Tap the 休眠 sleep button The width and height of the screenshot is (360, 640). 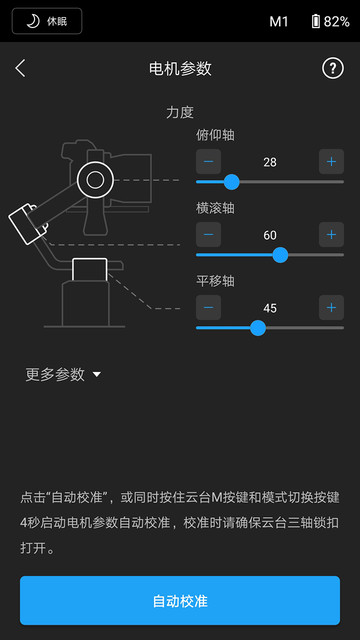pyautogui.click(x=47, y=21)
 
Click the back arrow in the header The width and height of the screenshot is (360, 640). pyautogui.click(x=21, y=68)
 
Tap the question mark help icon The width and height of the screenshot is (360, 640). pyautogui.click(x=332, y=68)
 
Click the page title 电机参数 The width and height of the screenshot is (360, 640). pyautogui.click(x=180, y=68)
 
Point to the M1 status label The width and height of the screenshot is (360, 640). pyautogui.click(x=278, y=21)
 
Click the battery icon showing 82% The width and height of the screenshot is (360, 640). pyautogui.click(x=316, y=21)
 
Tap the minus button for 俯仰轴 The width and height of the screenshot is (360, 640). pyautogui.click(x=208, y=161)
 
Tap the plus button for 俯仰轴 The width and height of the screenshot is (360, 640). pyautogui.click(x=331, y=161)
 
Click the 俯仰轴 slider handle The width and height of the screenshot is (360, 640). pyautogui.click(x=231, y=182)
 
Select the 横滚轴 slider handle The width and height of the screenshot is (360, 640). pyautogui.click(x=280, y=255)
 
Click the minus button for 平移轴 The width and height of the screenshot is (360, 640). pyautogui.click(x=208, y=307)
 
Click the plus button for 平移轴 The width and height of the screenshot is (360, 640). pyautogui.click(x=331, y=307)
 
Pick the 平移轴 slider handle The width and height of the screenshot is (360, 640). pyautogui.click(x=258, y=328)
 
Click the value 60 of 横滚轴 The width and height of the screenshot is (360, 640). pyautogui.click(x=270, y=234)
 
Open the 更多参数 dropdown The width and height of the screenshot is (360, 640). pyautogui.click(x=63, y=374)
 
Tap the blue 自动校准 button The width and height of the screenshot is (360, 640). pyautogui.click(x=180, y=601)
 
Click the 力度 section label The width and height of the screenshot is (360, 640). pyautogui.click(x=180, y=113)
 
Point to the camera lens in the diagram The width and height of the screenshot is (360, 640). pyautogui.click(x=95, y=180)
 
